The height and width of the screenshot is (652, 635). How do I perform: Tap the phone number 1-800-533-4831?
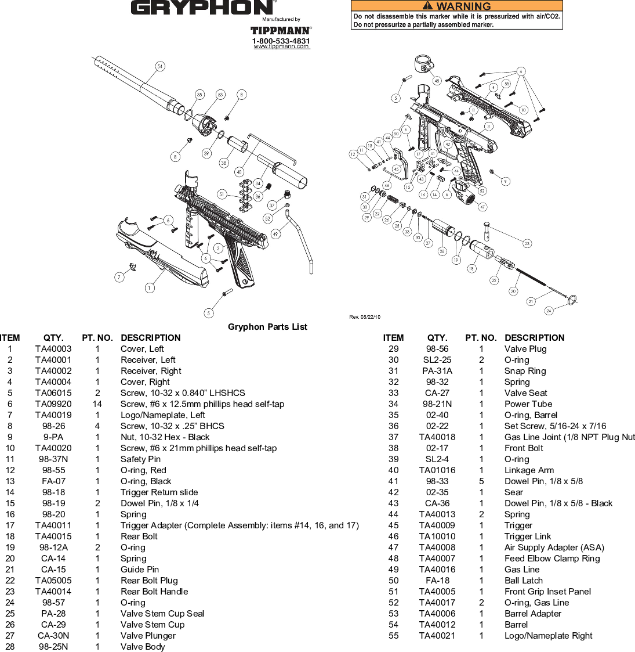coord(281,41)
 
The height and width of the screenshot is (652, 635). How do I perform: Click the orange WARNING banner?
coord(457,6)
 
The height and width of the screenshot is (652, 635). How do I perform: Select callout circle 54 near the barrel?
coord(160,66)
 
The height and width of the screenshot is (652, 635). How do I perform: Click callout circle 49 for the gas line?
coord(275,234)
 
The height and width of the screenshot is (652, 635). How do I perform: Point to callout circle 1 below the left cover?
coord(150,287)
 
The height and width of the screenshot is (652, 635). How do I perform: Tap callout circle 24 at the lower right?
coord(549,311)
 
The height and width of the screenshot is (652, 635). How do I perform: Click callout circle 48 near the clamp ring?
coord(437,81)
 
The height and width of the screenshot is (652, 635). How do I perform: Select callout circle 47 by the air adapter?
coord(482,207)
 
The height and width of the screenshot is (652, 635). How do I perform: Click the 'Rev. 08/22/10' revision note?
coord(365,317)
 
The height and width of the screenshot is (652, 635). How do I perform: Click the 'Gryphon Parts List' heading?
coord(267,327)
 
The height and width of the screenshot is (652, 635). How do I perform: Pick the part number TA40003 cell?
coord(53,349)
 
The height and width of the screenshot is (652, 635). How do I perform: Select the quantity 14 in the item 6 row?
coord(97,404)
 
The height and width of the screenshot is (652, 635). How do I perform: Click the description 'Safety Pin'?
coord(140,459)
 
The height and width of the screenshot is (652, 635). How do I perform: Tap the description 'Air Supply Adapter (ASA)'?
coord(554,547)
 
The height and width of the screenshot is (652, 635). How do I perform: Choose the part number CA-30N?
coord(53,636)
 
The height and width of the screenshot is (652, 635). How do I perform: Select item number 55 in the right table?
coord(394,636)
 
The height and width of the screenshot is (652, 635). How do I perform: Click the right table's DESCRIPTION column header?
coord(534,338)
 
